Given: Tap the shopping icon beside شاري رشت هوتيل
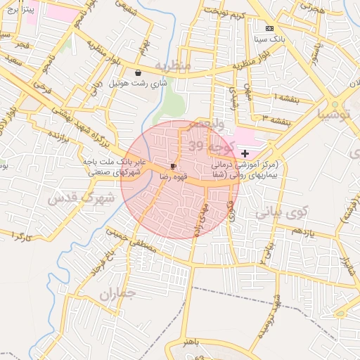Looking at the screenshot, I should pos(139,72).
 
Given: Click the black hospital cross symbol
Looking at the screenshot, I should pos(245,153).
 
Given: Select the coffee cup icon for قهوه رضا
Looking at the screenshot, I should pos(173,166).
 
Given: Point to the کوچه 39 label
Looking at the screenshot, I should pos(204,145).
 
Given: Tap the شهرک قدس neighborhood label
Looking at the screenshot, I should pos(81,200).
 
